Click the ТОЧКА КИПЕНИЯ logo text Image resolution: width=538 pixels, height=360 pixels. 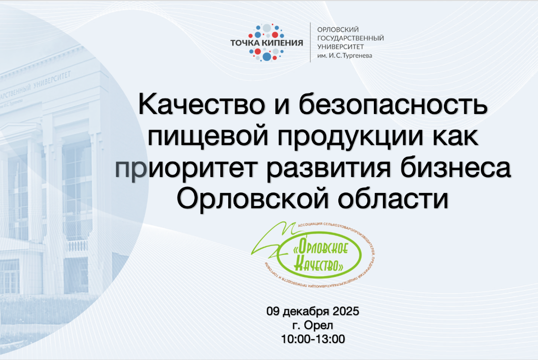pos(266,42)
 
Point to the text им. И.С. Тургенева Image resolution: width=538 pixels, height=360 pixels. pos(344,55)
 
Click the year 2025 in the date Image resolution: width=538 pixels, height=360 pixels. pos(345,311)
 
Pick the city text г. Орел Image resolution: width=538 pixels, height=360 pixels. pos(313,325)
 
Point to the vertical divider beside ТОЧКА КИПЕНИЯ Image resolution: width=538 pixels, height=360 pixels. pos(310,42)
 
